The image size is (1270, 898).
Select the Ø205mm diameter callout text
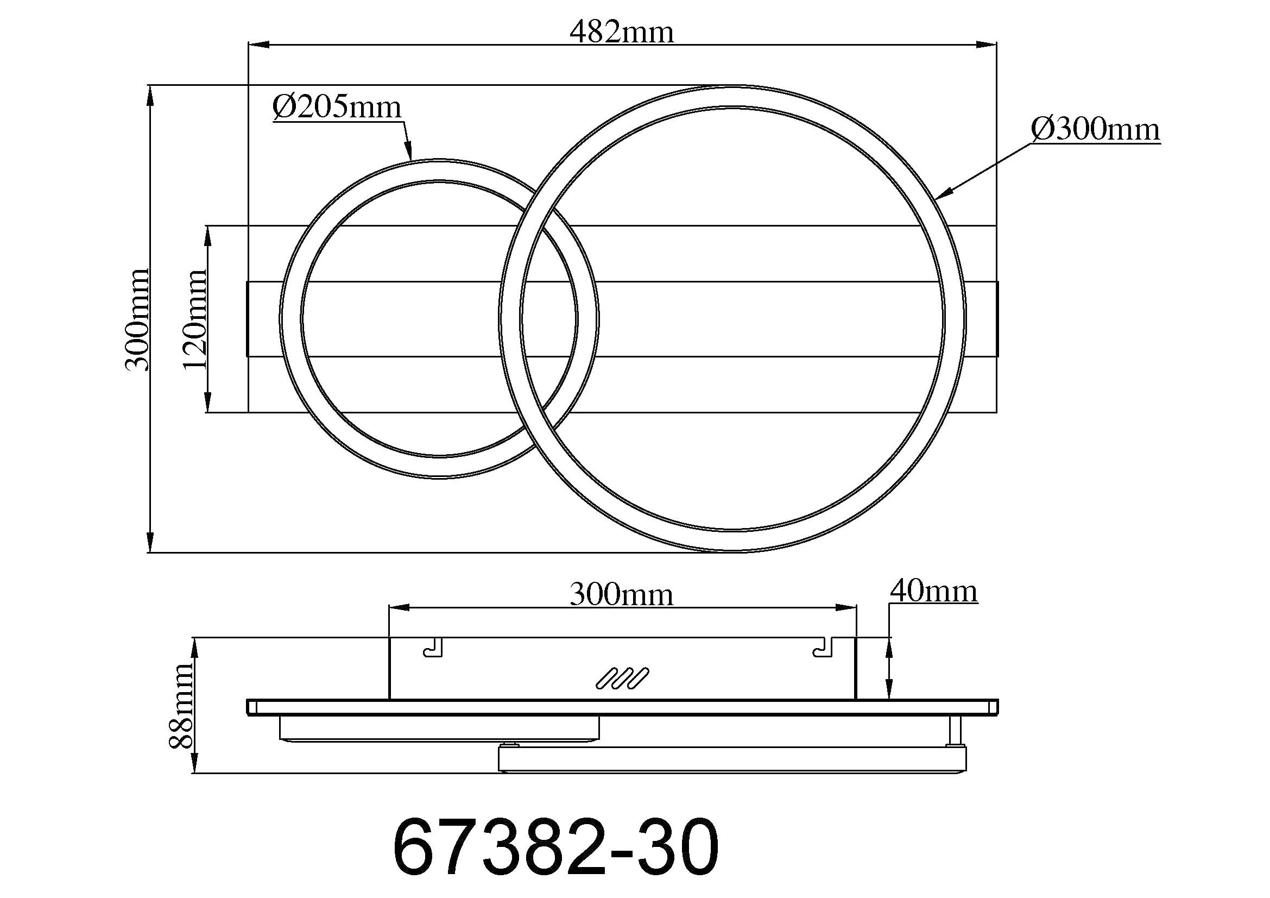point(336,107)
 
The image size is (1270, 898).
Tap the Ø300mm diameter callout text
point(1095,129)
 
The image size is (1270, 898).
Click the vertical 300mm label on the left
point(137,319)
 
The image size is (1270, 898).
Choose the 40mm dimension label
point(934,592)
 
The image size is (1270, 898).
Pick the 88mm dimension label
point(181,706)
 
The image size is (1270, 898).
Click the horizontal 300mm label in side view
point(622,595)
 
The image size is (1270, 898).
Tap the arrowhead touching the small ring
point(409,150)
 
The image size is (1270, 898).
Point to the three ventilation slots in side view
point(622,679)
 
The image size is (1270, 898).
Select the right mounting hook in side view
point(823,648)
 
